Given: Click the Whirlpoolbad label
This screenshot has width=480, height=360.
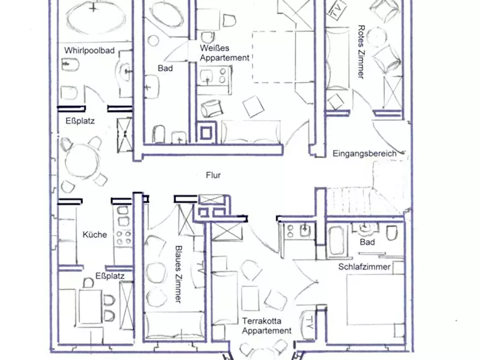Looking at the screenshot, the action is coord(89,51).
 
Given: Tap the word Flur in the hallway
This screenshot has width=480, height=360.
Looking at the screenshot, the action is coord(213,175).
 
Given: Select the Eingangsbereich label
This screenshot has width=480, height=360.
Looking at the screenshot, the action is coord(364,153).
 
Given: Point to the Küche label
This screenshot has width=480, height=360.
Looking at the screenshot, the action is coord(95,235).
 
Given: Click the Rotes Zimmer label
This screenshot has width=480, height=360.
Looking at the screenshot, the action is coord(362,52).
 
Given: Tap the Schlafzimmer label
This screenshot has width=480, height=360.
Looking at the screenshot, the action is coord(364,267).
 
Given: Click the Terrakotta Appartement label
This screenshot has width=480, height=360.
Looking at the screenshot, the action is coord(267,326).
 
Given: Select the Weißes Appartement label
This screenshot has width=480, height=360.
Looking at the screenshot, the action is coord(225,53).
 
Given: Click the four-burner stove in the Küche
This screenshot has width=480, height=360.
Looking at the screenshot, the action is coord(124,237).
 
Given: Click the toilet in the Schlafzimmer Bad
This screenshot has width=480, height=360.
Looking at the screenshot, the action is coord(392,233).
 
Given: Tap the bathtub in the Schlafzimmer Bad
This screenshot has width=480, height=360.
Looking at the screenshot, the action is coord(337,240).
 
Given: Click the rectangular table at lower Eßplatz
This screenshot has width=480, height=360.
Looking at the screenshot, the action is coord(90,307).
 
